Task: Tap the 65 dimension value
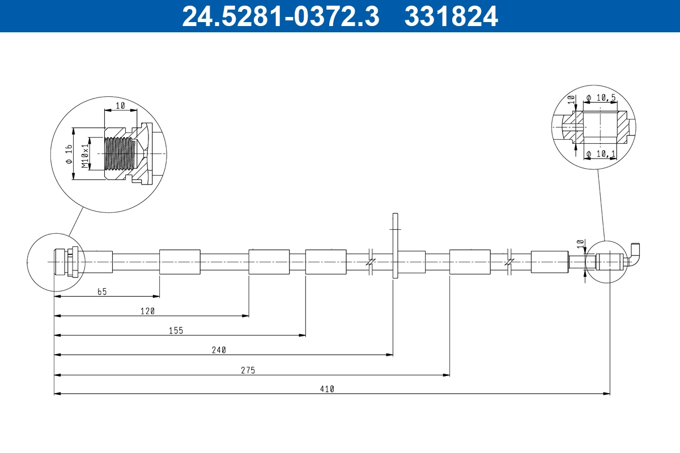[x=102, y=292]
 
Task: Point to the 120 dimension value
[x=147, y=311]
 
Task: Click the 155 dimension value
[x=176, y=331]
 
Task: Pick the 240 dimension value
[x=219, y=351]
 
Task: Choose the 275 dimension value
[x=248, y=370]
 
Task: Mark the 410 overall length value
[x=327, y=389]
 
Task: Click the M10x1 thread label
[x=85, y=156]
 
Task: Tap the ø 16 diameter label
[x=69, y=154]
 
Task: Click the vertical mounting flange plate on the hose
[x=395, y=246]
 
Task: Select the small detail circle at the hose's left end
[x=56, y=262]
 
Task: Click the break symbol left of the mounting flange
[x=369, y=262]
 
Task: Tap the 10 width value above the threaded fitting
[x=120, y=106]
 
